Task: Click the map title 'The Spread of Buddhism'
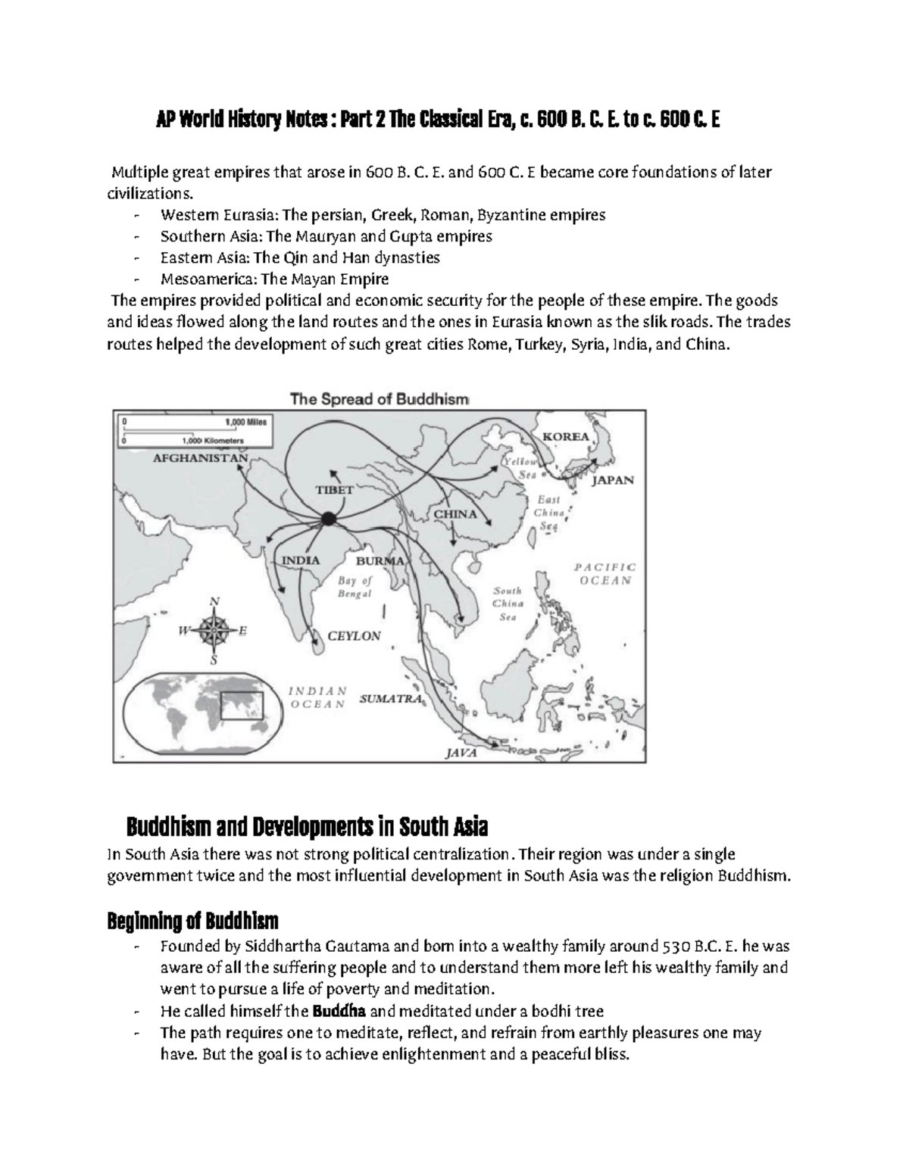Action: [x=379, y=399]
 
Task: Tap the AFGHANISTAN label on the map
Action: [x=201, y=458]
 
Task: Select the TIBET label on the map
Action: [x=334, y=489]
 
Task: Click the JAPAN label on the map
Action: [x=613, y=480]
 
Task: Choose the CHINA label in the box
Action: [x=455, y=514]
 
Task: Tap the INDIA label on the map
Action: [x=301, y=560]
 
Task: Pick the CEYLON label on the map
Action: [x=354, y=636]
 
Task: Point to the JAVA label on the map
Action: [x=461, y=753]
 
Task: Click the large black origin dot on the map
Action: [x=328, y=519]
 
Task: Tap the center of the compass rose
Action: [x=214, y=629]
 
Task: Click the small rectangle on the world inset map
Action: [x=241, y=706]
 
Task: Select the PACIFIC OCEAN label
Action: [x=604, y=574]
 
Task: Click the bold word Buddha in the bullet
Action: [x=339, y=1011]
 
